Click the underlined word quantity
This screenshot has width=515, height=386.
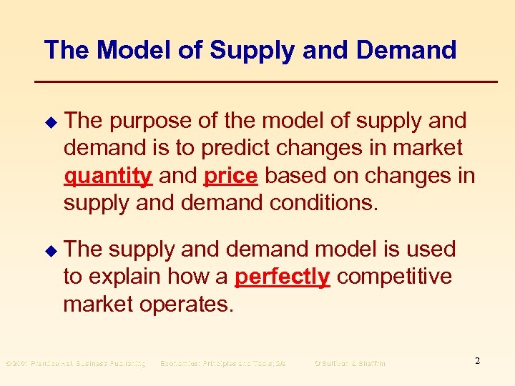pyautogui.click(x=107, y=176)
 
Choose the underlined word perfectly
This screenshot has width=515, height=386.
pyautogui.click(x=282, y=277)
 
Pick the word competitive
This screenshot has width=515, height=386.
pyautogui.click(x=394, y=277)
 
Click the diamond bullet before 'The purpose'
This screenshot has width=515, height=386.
pyautogui.click(x=49, y=122)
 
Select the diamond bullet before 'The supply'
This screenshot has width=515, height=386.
pyautogui.click(x=49, y=250)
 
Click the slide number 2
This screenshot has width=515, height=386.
pyautogui.click(x=477, y=361)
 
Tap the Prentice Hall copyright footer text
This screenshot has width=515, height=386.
pyautogui.click(x=75, y=364)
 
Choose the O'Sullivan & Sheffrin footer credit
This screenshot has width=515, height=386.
pyautogui.click(x=350, y=364)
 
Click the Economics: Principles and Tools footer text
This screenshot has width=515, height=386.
pyautogui.click(x=222, y=364)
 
